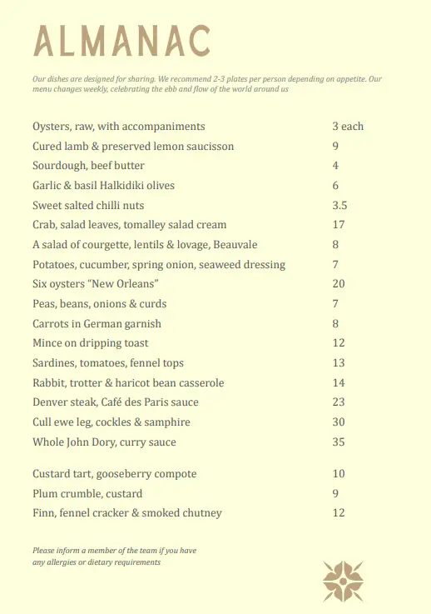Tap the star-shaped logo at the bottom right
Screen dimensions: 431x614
[344, 581]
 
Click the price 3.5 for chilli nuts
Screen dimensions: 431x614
[339, 205]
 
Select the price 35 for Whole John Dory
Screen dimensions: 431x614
[338, 442]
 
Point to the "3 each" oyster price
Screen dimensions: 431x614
[348, 127]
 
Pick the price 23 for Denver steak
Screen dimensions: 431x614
[338, 402]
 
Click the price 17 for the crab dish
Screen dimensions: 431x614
[338, 225]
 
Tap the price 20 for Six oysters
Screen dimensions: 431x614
[338, 284]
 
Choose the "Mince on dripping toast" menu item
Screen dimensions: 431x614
[91, 343]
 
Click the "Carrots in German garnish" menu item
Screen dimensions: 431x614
[97, 323]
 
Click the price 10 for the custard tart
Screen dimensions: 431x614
[338, 474]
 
